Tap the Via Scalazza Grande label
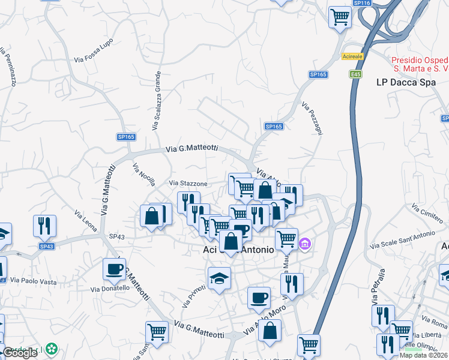point(157,101)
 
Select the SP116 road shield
point(362,3)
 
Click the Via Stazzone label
point(188,183)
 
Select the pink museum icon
point(305,244)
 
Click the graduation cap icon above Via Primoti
point(219,278)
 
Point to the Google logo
point(19,353)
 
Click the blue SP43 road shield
point(47,247)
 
